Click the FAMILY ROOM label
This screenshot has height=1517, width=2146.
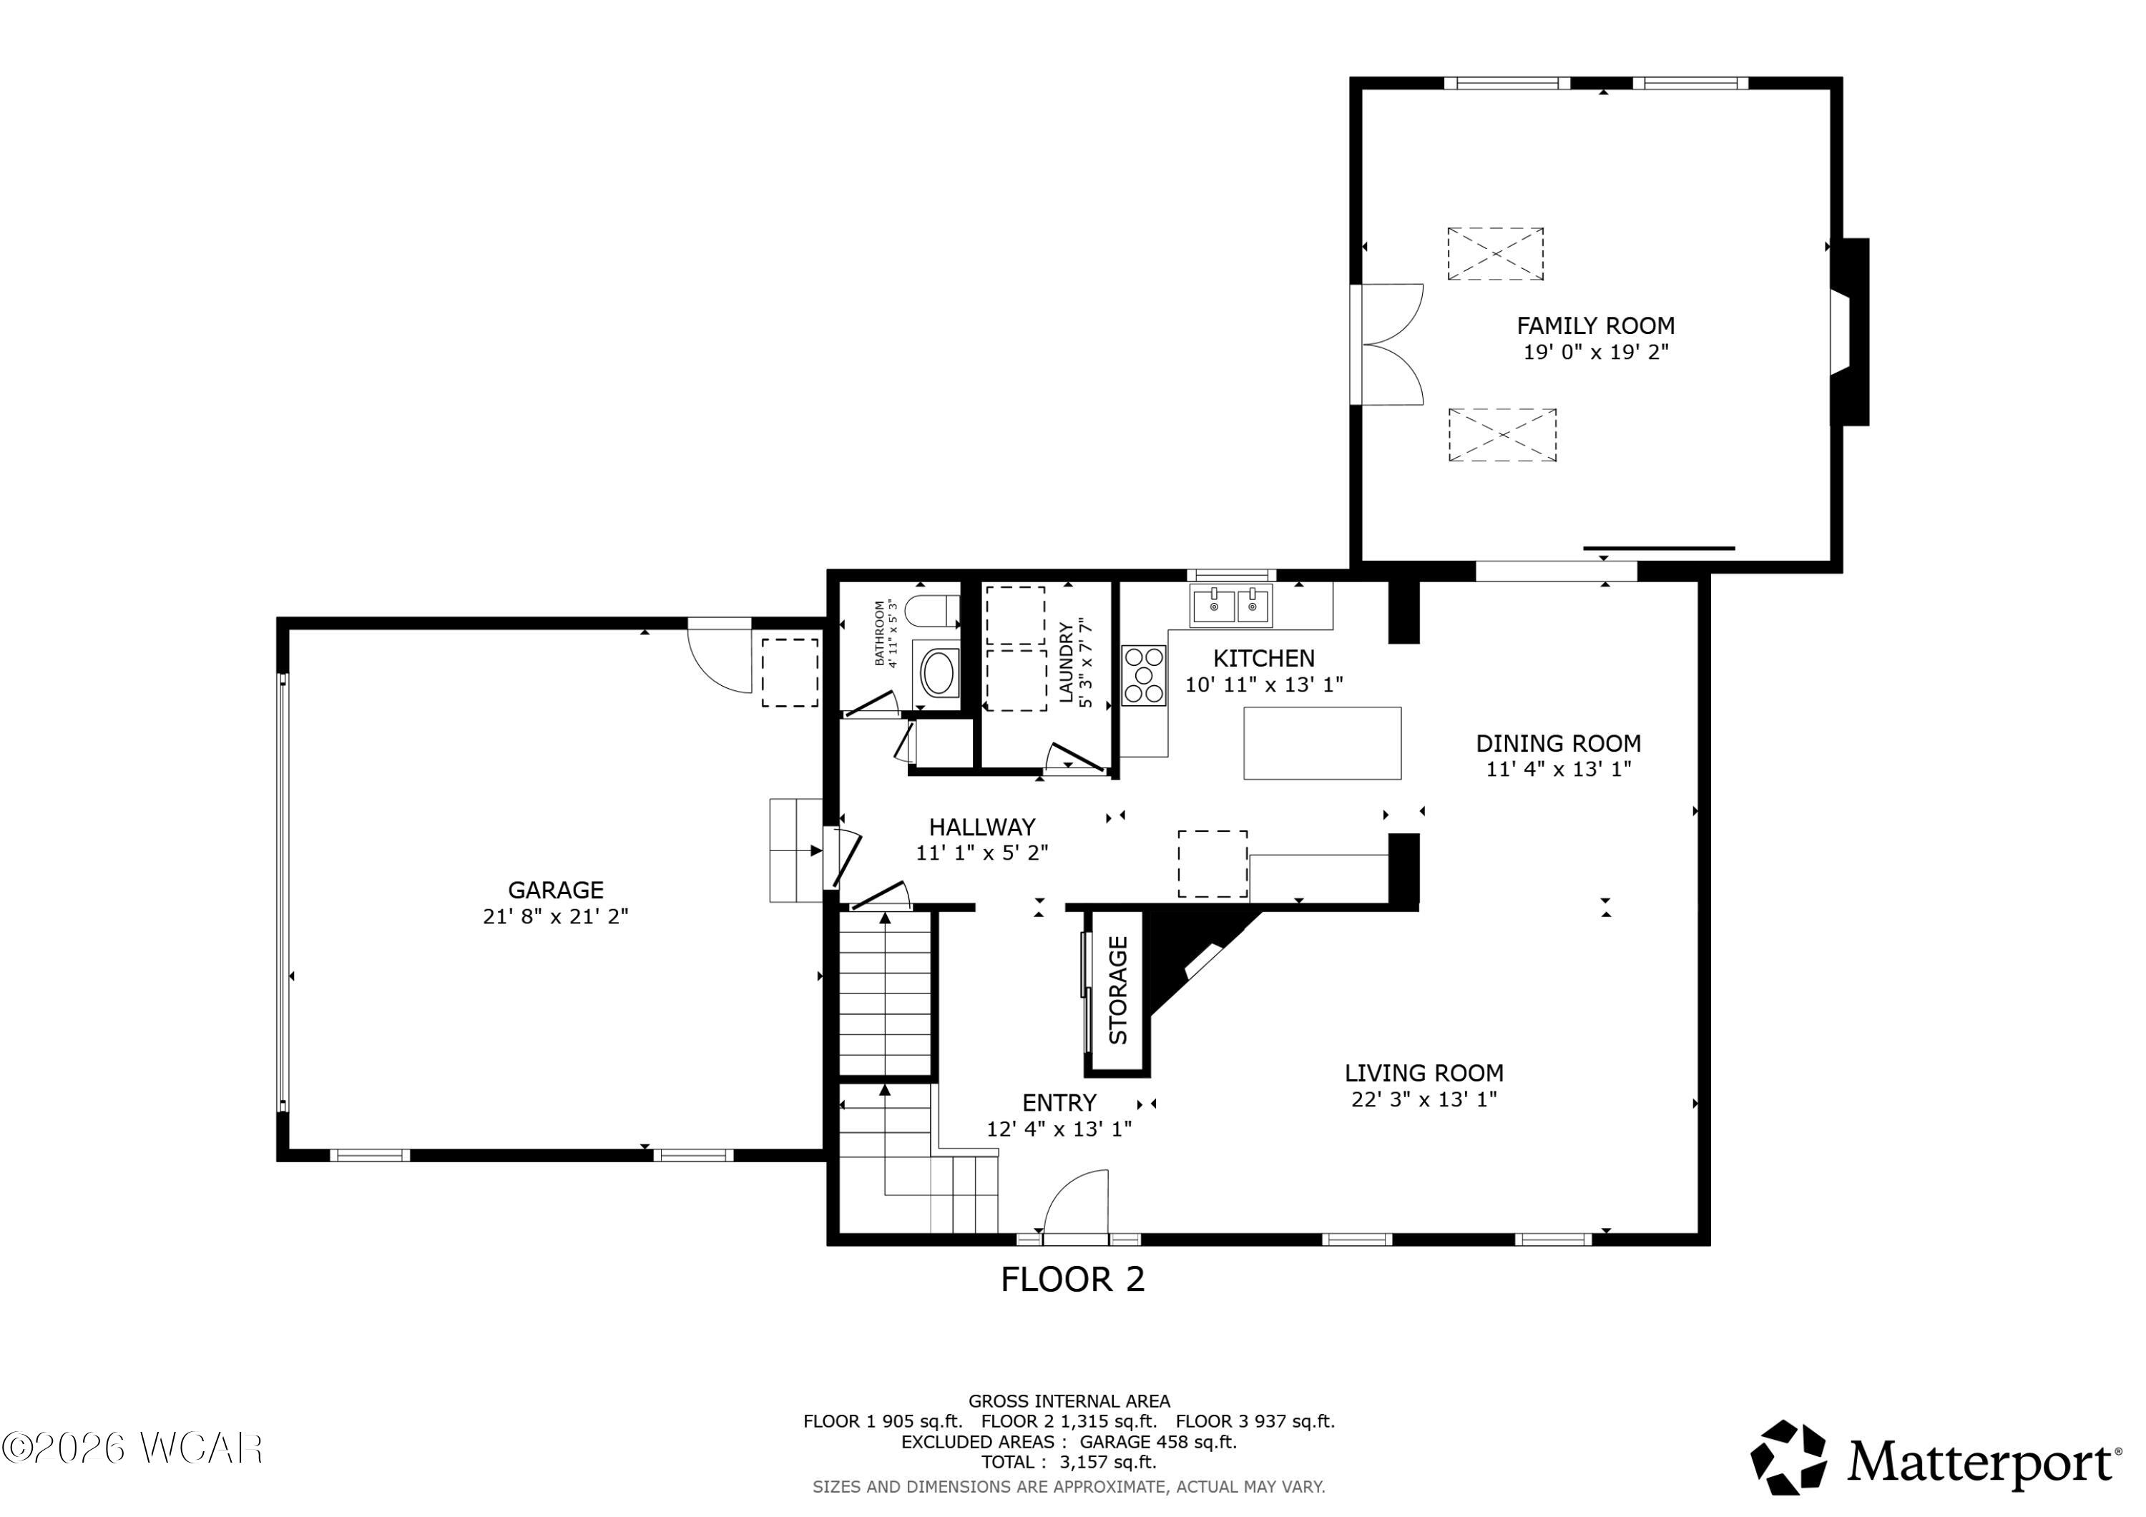(1595, 326)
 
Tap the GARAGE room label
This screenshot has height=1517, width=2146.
(555, 890)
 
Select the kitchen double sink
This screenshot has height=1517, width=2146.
(1231, 605)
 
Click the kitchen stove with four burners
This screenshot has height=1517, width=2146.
(1144, 676)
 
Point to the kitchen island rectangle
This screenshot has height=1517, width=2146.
(1323, 743)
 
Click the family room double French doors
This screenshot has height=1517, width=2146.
(1389, 344)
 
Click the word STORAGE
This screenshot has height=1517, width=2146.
(1118, 991)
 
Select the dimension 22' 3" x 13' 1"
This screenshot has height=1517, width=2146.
(1424, 1100)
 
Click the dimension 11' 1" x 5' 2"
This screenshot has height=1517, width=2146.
(981, 853)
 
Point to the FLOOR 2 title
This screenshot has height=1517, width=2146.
(1073, 1280)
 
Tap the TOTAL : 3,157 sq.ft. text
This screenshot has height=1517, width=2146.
(1068, 1462)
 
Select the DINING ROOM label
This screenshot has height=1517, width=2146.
(1558, 744)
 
